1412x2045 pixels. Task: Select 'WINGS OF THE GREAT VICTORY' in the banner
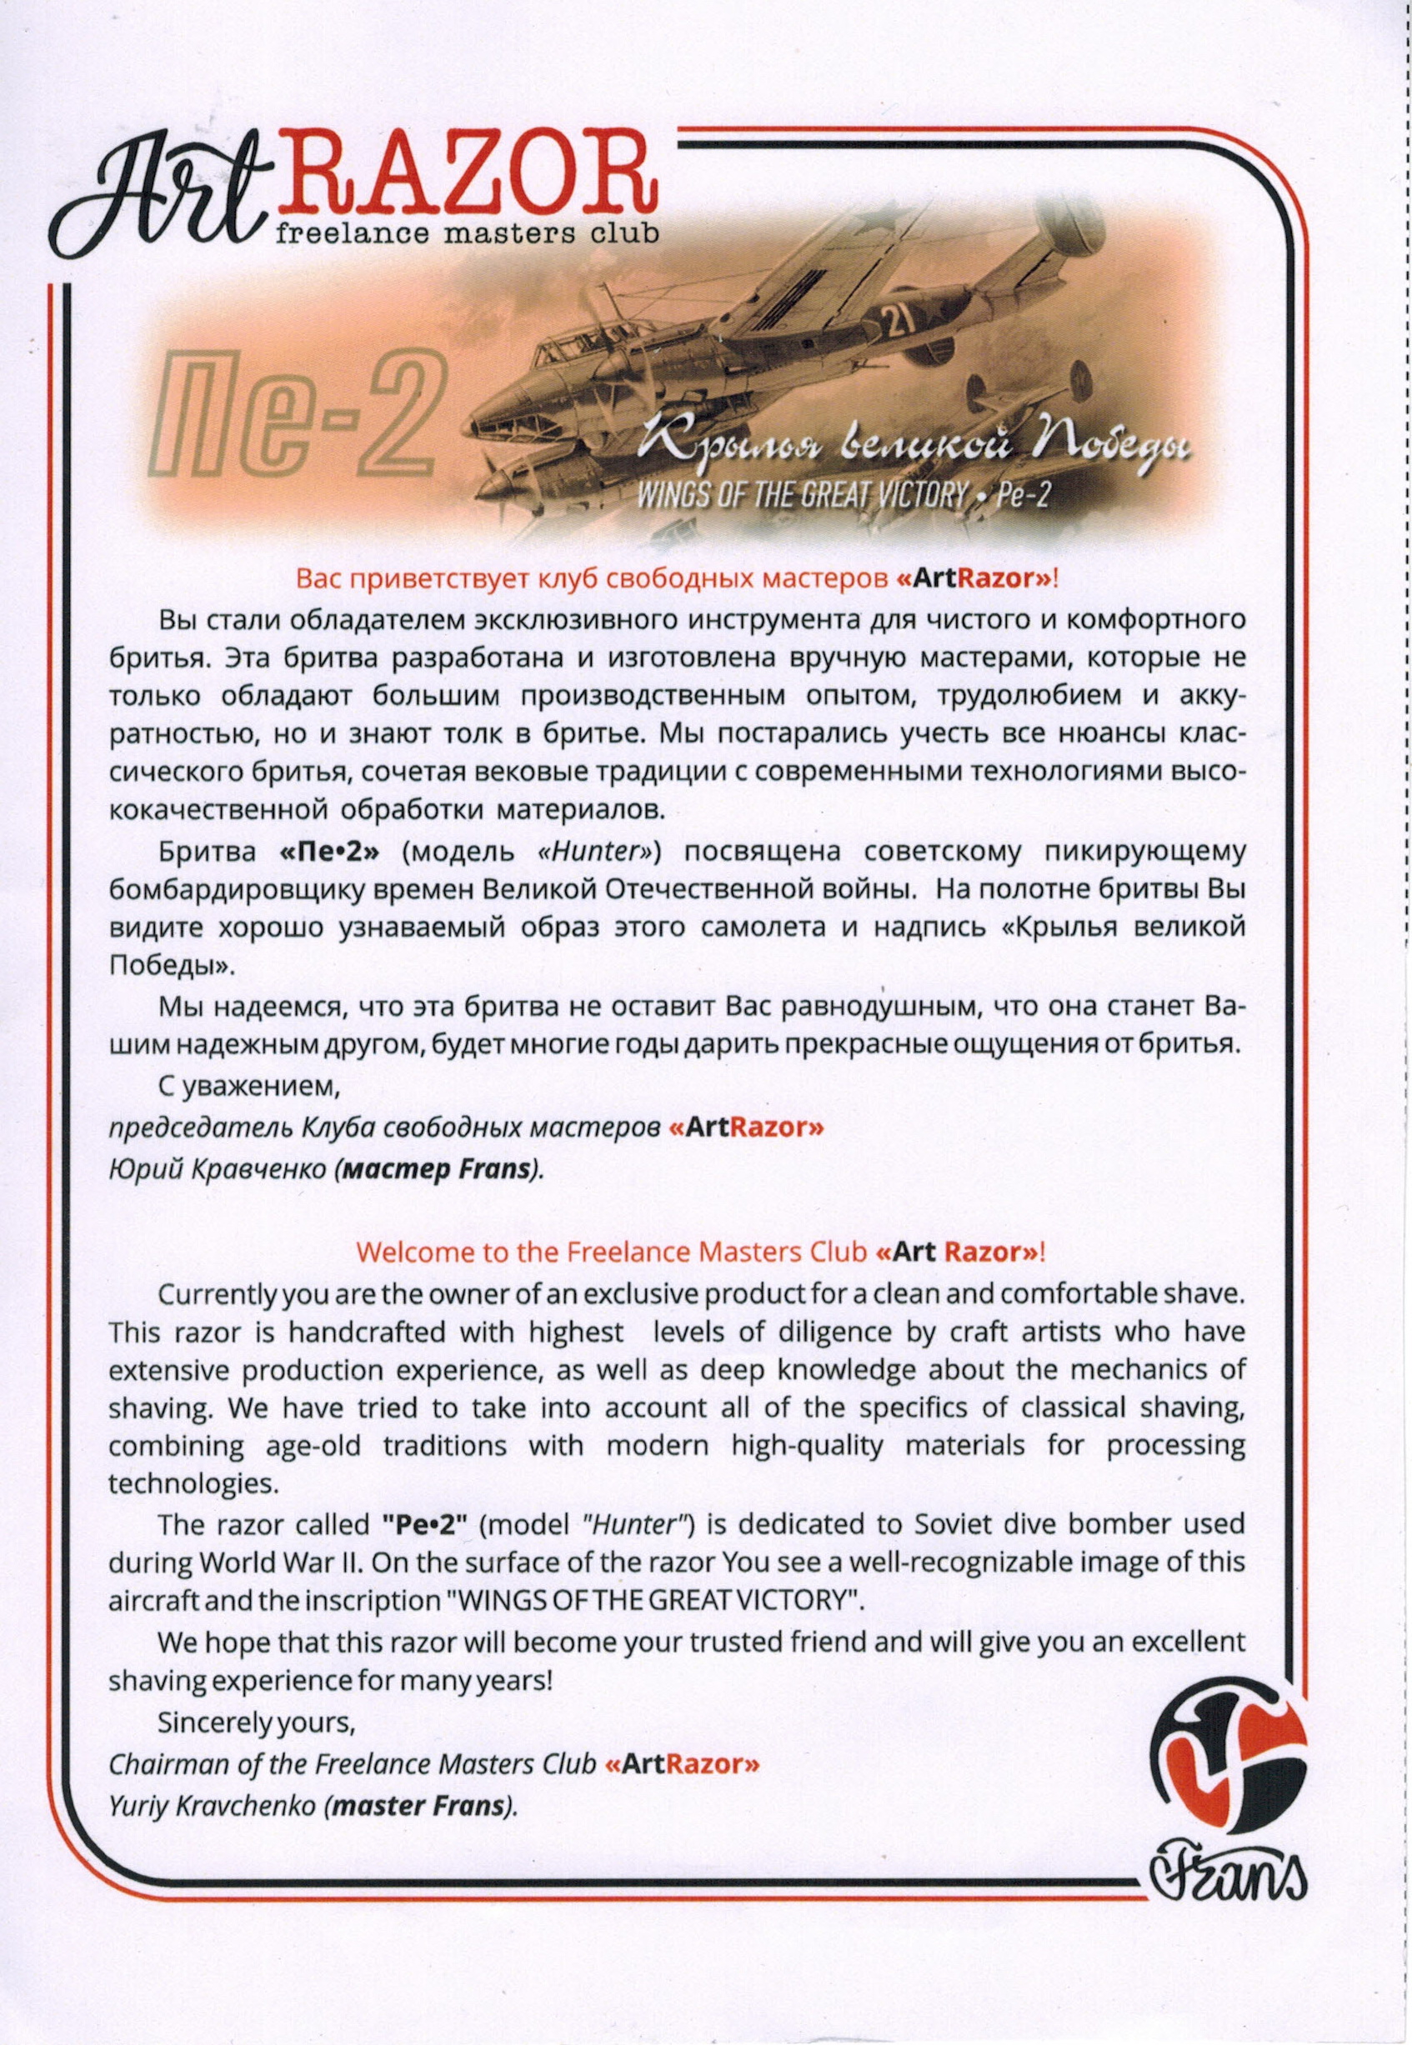(x=801, y=494)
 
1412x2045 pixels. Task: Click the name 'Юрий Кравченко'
(x=218, y=1168)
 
